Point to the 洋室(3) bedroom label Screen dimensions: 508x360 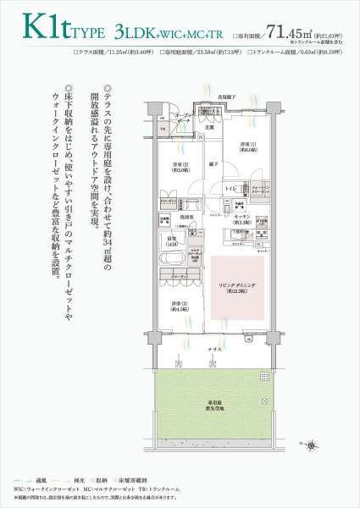pos(178,306)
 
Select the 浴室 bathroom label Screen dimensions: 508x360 pos(171,241)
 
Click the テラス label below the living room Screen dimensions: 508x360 pos(215,348)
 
